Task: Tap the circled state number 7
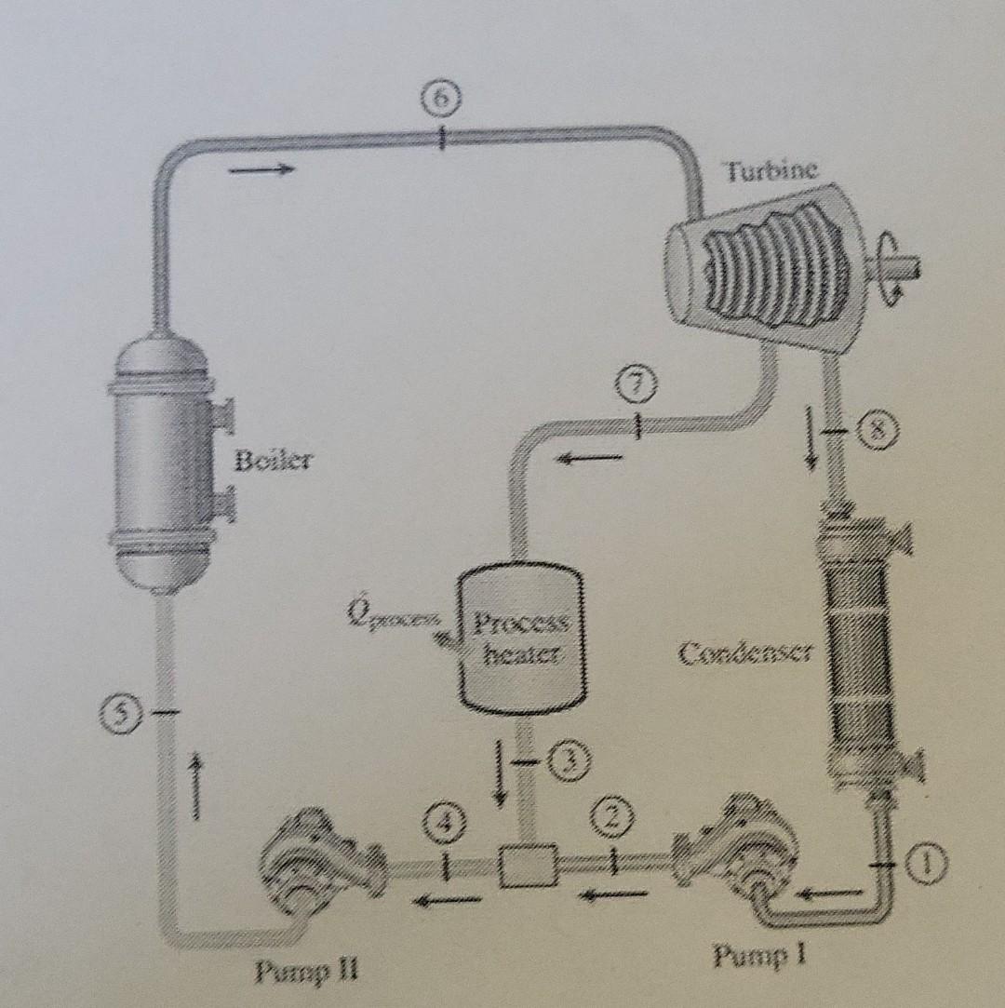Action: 638,383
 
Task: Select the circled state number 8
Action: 875,430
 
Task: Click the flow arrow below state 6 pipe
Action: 262,169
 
